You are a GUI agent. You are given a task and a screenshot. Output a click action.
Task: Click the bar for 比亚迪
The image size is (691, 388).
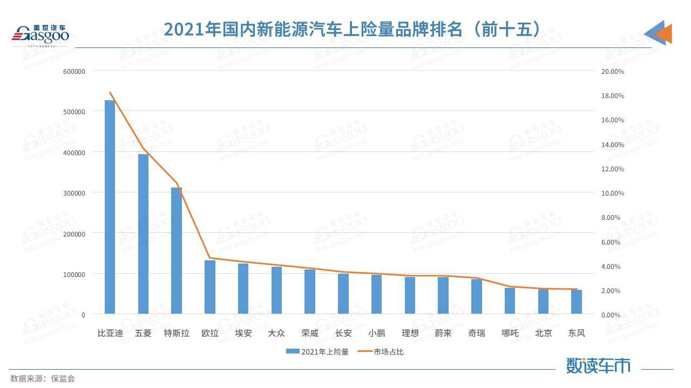110,207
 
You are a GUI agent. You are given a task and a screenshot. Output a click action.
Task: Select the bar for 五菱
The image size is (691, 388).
143,234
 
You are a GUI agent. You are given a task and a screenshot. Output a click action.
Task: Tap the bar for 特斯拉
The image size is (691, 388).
177,251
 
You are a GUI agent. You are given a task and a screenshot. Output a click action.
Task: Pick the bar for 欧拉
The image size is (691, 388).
210,287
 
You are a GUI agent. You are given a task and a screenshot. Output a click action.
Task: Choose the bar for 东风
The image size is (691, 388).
577,302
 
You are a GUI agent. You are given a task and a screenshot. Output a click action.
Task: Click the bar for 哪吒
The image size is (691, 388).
510,301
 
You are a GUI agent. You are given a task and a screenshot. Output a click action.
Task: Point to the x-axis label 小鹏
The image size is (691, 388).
377,333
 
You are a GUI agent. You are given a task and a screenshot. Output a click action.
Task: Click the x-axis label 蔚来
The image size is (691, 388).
443,333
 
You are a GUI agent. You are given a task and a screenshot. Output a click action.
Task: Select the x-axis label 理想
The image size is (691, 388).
410,333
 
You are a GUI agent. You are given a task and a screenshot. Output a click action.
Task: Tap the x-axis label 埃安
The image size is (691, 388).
243,333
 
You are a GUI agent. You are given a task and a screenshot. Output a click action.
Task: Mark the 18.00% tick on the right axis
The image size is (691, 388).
613,96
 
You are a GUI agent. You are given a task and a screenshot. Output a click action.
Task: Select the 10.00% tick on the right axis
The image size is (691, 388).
613,193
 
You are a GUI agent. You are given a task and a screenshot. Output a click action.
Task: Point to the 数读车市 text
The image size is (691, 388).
598,365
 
